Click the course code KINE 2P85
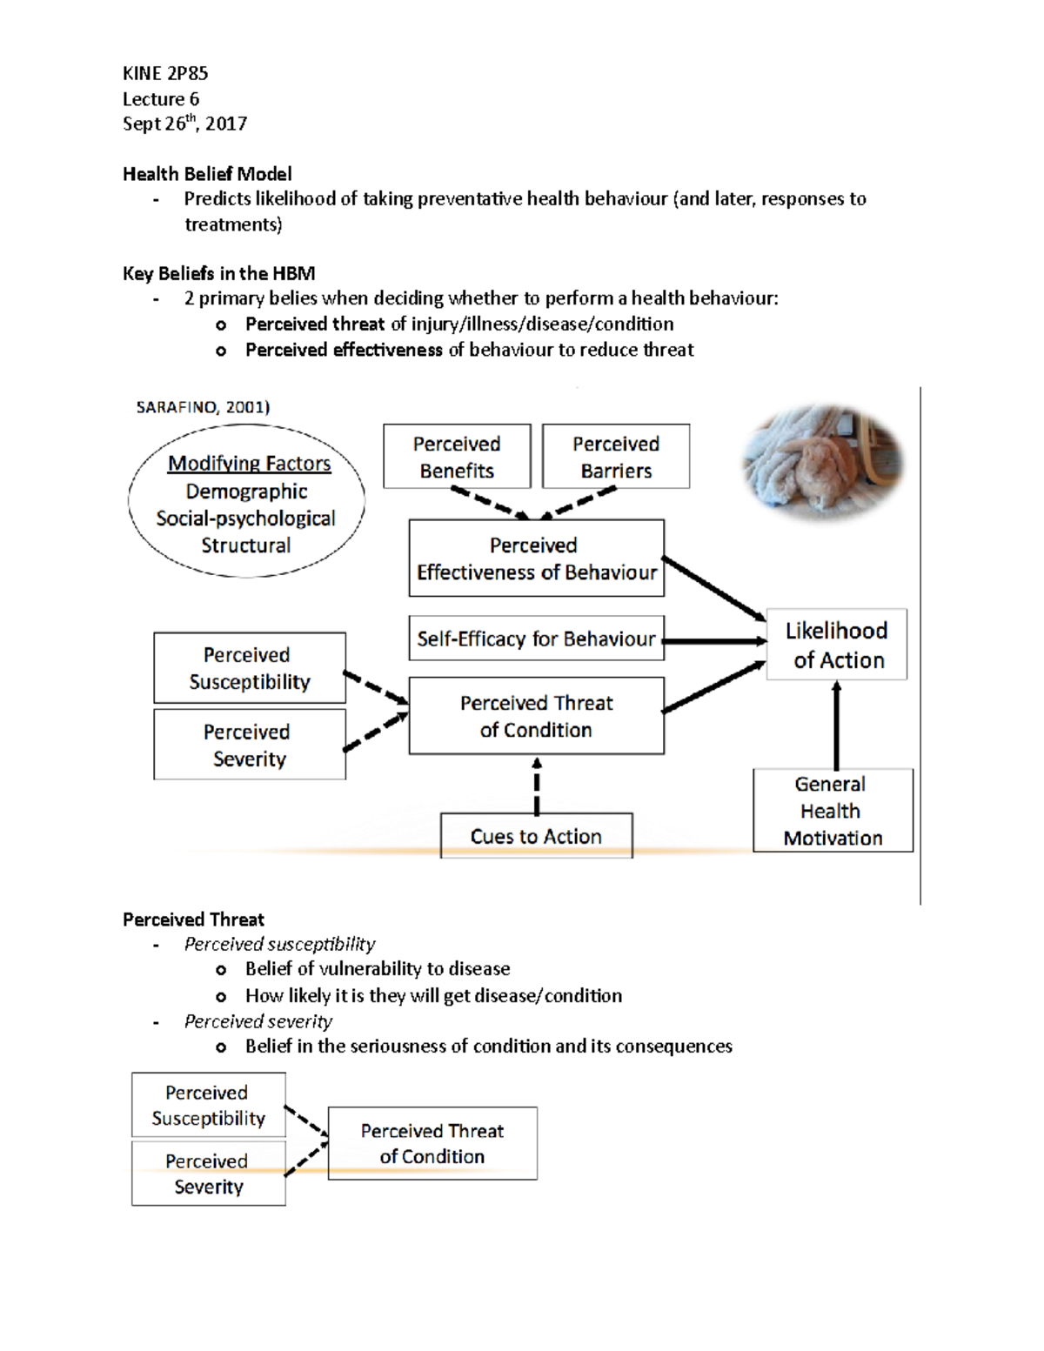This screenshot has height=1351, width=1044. point(165,73)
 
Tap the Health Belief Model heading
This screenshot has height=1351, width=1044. point(207,174)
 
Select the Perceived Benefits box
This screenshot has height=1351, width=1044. point(457,457)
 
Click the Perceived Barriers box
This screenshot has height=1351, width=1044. point(616,457)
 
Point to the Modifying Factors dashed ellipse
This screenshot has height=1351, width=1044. point(247,502)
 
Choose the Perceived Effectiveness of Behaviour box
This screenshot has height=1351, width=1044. point(536,558)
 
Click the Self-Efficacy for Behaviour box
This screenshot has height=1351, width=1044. point(536,639)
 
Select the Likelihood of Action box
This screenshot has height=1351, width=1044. point(837,645)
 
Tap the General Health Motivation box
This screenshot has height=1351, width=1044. point(833,811)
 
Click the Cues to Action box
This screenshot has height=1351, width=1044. point(536,836)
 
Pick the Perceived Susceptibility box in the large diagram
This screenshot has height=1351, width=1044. point(250,668)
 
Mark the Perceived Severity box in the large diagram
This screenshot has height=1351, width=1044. point(250,745)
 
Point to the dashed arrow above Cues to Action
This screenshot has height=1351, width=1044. point(537,785)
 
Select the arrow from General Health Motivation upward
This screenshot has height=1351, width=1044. point(837,725)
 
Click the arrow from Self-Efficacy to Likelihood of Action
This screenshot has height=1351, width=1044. point(715,641)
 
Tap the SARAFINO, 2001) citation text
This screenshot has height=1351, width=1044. point(203,407)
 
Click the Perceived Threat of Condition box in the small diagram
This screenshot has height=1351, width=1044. point(432,1143)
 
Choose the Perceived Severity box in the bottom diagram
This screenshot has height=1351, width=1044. point(209,1174)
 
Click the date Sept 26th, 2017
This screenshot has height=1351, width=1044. point(184,124)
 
